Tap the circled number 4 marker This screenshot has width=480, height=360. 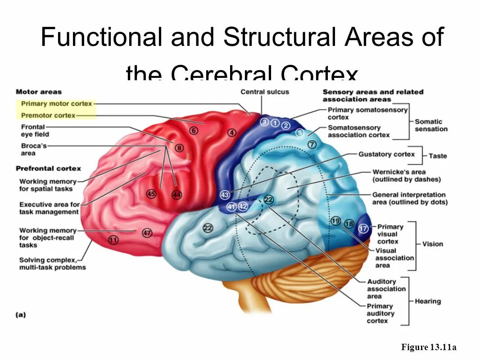(x=231, y=133)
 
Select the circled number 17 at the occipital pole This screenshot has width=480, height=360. (x=363, y=229)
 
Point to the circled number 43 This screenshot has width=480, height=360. (x=225, y=195)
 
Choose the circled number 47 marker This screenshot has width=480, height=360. (x=147, y=233)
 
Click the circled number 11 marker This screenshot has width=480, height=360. (x=113, y=240)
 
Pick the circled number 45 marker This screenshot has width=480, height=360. (x=151, y=194)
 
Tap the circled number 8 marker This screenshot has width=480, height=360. (x=179, y=148)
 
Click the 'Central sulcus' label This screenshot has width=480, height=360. (x=265, y=92)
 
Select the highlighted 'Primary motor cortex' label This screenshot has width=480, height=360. (x=56, y=104)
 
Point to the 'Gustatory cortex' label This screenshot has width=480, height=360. (x=386, y=154)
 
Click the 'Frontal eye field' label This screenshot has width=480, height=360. (x=35, y=130)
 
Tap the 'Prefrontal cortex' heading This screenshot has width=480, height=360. (x=48, y=168)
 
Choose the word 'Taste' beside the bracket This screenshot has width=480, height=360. (x=438, y=156)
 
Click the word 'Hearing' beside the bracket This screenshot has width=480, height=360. (x=428, y=301)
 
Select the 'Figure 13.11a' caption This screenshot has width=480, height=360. (x=429, y=347)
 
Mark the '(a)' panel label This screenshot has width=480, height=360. (x=21, y=315)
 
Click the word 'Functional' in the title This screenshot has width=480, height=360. (x=101, y=37)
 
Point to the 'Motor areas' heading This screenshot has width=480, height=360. (x=39, y=92)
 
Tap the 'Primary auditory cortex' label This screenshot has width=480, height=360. (x=380, y=313)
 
